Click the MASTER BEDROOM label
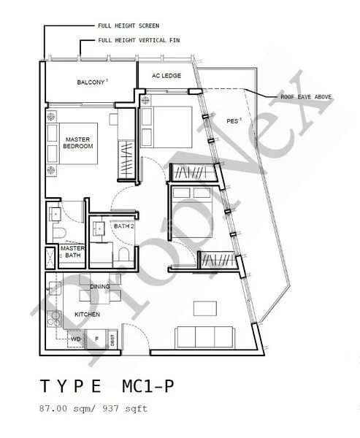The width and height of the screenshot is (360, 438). point(78,142)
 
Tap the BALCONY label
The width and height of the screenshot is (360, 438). point(91,82)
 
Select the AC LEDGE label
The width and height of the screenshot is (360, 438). point(166,76)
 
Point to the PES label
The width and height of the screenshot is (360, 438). point(233,120)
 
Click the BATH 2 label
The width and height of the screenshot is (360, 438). point(123,226)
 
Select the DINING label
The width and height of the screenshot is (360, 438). point(100,287)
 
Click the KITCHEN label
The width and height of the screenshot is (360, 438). point(88,315)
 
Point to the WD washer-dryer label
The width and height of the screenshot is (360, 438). point(75,339)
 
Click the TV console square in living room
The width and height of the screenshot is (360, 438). point(199,307)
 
